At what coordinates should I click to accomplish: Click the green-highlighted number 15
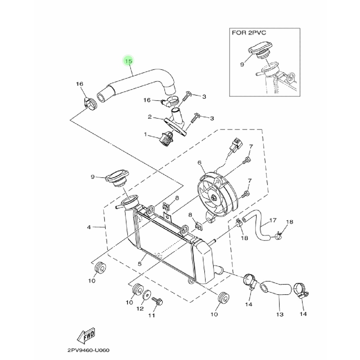pyautogui.click(x=129, y=61)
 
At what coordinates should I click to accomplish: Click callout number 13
pyautogui.click(x=279, y=314)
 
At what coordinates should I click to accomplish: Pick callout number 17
pyautogui.click(x=273, y=221)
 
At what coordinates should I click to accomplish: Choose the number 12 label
pyautogui.click(x=140, y=309)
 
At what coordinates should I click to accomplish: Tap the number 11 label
pyautogui.click(x=151, y=315)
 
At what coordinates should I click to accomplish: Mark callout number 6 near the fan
pyautogui.click(x=199, y=162)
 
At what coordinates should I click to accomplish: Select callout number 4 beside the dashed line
pyautogui.click(x=89, y=227)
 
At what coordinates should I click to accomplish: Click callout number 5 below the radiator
pyautogui.click(x=139, y=263)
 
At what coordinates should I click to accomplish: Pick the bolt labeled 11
pyautogui.click(x=157, y=301)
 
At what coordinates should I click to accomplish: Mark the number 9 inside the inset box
pyautogui.click(x=242, y=64)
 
